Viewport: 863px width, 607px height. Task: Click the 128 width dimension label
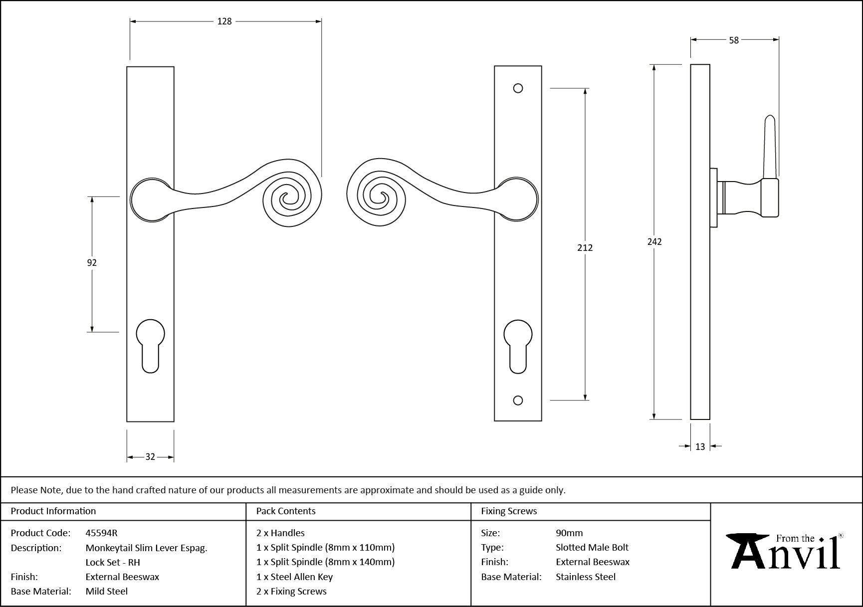(224, 21)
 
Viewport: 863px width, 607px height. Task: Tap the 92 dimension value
(92, 263)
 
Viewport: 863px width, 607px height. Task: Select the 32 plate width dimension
(150, 457)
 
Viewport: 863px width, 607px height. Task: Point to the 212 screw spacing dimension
(585, 247)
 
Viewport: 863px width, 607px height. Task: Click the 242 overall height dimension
(654, 242)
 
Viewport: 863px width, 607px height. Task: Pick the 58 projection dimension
(734, 40)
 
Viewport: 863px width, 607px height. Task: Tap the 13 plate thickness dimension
(700, 447)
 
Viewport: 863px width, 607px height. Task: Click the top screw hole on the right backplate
(518, 88)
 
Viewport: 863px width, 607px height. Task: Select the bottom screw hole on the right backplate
(518, 400)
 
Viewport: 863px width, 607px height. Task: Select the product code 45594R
(101, 533)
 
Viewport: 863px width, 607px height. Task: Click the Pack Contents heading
(286, 511)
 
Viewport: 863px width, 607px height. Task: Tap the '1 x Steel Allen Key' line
(294, 577)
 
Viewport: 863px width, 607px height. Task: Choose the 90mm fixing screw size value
(569, 533)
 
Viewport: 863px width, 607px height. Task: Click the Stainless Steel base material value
(586, 577)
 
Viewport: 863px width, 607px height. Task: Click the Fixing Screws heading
(509, 511)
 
